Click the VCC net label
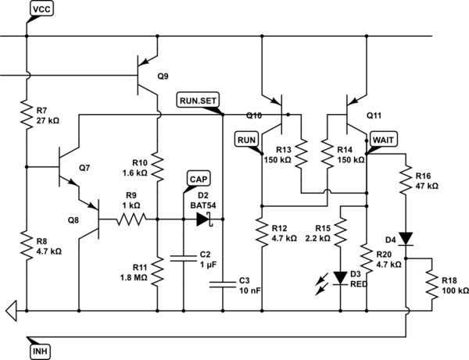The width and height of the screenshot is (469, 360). (x=41, y=9)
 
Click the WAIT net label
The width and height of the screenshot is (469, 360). (x=384, y=138)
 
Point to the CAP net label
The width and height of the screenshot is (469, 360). (x=199, y=177)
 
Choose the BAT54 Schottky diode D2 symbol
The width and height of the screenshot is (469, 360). (x=204, y=220)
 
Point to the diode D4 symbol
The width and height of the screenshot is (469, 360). (x=406, y=237)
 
